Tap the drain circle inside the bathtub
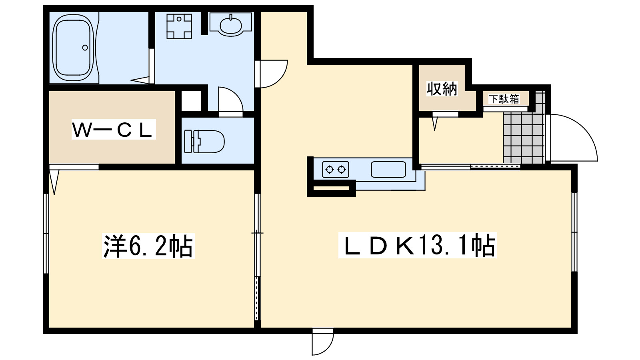coord(85,48)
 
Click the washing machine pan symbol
coord(179,26)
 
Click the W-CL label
coord(113,130)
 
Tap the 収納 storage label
coord(442,89)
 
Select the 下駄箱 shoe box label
coord(504,99)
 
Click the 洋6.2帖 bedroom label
coord(148,246)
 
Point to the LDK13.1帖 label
coord(417,245)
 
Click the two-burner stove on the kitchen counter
coord(335,170)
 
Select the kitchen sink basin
coord(388,170)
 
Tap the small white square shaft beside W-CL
coord(191,101)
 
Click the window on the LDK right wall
coord(574,232)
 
